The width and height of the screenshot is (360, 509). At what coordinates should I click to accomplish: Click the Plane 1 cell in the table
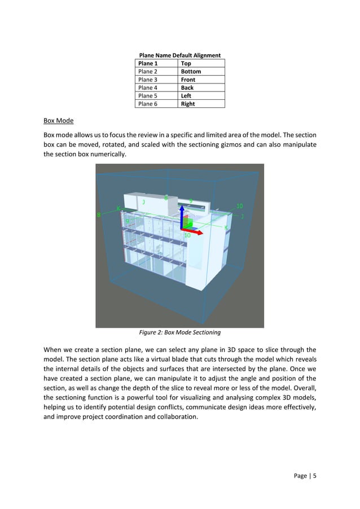(148, 64)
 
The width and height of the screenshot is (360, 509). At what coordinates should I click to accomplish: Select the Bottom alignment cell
(191, 72)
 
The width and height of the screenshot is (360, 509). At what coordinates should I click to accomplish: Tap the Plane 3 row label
(148, 80)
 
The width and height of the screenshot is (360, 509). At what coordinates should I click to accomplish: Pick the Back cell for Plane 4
(187, 88)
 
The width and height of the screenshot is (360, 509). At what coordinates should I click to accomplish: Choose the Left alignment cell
(186, 96)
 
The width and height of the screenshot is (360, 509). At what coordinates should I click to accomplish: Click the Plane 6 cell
(148, 104)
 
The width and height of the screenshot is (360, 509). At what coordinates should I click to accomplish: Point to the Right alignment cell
(188, 104)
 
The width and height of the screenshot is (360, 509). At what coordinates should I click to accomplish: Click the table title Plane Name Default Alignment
(179, 55)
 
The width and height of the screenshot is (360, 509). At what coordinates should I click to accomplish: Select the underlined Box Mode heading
(58, 121)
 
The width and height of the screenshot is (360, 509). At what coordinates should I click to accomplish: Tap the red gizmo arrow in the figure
(196, 231)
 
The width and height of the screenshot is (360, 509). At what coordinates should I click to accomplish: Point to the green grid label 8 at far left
(99, 215)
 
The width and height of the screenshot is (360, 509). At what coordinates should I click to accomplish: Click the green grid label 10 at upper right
(240, 207)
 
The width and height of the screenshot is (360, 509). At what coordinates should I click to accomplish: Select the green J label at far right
(243, 216)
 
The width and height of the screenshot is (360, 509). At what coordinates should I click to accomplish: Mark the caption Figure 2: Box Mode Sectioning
(179, 332)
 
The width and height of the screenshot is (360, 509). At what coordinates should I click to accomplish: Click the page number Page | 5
(305, 476)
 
